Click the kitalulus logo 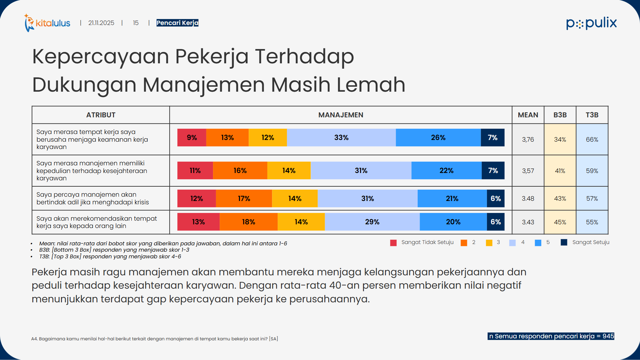coord(47,23)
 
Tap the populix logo coord(591,23)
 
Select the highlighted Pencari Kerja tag coord(177,23)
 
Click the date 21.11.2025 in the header coord(101,23)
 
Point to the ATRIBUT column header coord(101,115)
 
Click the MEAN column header coord(528,115)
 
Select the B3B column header coord(560,115)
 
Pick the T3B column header coord(592,115)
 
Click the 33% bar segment coord(341,137)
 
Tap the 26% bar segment coord(438,137)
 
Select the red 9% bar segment coord(192,137)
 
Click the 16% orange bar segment coord(240,170)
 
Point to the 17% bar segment coord(244,198)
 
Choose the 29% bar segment coord(372,222)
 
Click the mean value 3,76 coord(528,139)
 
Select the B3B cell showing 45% coord(560,222)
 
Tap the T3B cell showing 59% coord(592,171)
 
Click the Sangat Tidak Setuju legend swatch coord(393,243)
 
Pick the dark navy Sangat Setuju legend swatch coord(564,242)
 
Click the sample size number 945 coord(608,336)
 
